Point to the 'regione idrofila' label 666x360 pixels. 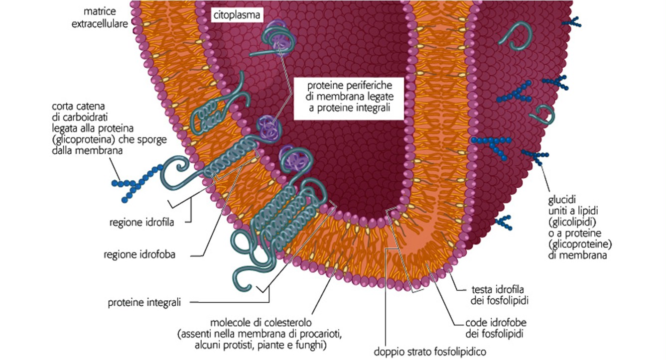click(141, 222)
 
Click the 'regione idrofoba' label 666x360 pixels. click(139, 254)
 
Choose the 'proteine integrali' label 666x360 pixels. click(144, 302)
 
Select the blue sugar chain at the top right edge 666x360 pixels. click(573, 22)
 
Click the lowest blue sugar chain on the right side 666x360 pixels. click(505, 222)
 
